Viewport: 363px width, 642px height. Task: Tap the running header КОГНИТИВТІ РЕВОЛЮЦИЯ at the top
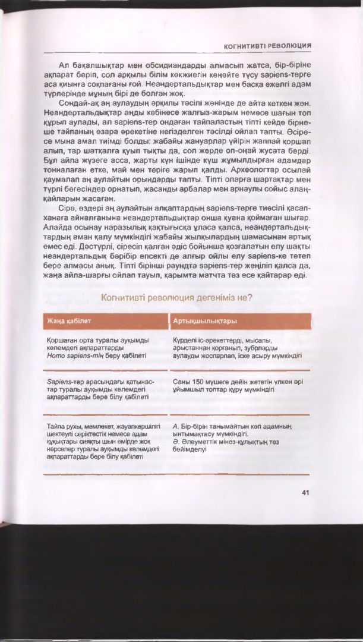pos(268,45)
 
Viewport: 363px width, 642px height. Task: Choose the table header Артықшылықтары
pos(205,321)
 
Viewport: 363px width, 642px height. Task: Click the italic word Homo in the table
pos(55,355)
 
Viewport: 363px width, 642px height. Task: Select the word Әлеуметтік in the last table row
pos(202,442)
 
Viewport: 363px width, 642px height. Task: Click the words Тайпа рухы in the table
pos(62,426)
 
